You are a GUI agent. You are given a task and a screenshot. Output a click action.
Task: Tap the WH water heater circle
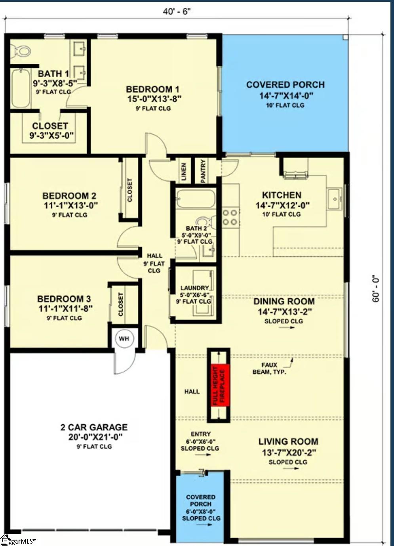pos(124,339)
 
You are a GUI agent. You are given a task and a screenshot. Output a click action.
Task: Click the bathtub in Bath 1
pos(21,88)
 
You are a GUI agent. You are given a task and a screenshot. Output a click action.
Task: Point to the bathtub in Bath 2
pos(196,199)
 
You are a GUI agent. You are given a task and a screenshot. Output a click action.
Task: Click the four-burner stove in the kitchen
pos(230,218)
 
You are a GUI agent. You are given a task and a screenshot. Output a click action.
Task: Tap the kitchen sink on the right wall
pos(335,198)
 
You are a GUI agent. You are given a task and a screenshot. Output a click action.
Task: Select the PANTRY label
pos(203,171)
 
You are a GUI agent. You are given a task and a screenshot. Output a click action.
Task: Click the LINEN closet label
pos(184,172)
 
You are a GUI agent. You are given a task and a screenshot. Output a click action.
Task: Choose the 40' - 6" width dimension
pos(177,11)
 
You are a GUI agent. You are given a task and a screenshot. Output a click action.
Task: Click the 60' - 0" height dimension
pos(376,289)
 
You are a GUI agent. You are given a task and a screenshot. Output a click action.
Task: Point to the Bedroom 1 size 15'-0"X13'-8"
pos(154,99)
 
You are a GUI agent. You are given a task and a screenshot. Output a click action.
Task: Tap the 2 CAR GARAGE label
pos(94,427)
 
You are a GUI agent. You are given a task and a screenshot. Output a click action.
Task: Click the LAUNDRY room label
pos(194,288)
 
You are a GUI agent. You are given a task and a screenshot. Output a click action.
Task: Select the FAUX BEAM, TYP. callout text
pos(269,368)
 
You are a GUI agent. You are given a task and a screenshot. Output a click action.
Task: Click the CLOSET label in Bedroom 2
pos(130,190)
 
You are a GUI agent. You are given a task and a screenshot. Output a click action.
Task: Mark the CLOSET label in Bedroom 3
pos(121,304)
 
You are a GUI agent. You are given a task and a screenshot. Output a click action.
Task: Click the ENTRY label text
pos(200,434)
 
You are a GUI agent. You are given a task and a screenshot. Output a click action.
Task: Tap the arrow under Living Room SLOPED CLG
pos(291,468)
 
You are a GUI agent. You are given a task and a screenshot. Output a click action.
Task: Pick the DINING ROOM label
pos(284,301)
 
